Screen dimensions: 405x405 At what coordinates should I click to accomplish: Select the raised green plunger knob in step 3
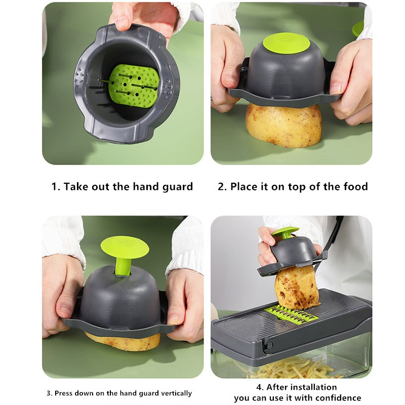click(x=125, y=255)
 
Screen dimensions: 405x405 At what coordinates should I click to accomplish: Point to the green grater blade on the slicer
click(x=292, y=313)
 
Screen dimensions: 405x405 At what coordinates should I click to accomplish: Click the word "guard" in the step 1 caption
click(x=178, y=187)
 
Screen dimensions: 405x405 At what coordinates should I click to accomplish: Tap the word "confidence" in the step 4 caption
click(x=338, y=398)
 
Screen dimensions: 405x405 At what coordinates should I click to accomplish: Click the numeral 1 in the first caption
click(x=55, y=186)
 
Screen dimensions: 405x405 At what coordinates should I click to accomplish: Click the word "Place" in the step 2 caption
click(x=243, y=186)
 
